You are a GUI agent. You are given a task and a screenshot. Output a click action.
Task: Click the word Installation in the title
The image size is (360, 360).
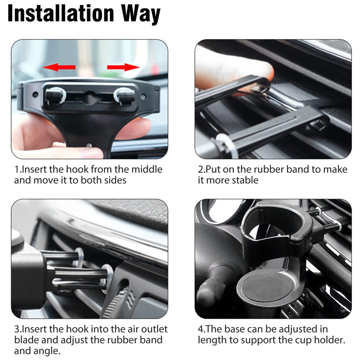click(61, 14)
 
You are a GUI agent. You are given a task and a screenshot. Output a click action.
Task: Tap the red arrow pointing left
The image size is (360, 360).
click(59, 67)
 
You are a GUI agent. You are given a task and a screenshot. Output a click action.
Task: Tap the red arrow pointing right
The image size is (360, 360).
click(123, 67)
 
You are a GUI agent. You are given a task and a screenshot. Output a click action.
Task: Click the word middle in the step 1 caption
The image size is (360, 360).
click(146, 170)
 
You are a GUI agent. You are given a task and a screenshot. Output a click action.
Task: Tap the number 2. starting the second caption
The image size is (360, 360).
click(202, 170)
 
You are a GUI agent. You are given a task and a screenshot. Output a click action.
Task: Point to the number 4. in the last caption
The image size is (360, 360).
click(202, 329)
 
